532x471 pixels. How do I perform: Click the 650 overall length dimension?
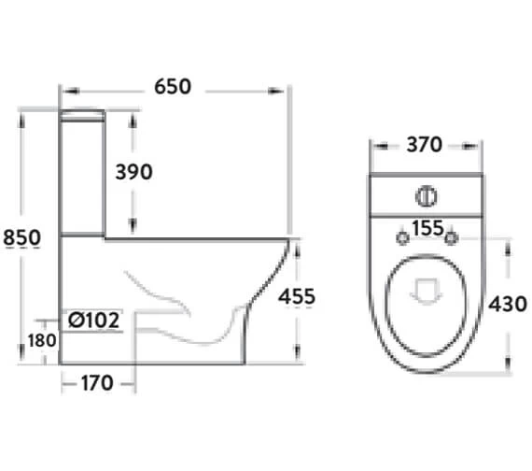click(x=173, y=87)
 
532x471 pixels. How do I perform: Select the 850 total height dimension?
click(x=21, y=237)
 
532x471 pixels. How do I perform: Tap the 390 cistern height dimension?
click(x=134, y=172)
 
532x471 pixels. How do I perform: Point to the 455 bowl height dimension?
click(x=297, y=296)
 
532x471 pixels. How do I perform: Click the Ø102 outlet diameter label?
click(x=94, y=321)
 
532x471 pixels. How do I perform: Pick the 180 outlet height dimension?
click(x=42, y=340)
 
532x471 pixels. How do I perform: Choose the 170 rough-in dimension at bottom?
click(x=97, y=383)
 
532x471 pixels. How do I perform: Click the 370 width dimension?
click(x=425, y=145)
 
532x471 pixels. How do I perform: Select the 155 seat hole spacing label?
click(x=427, y=228)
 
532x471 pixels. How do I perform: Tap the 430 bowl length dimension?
click(x=508, y=304)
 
